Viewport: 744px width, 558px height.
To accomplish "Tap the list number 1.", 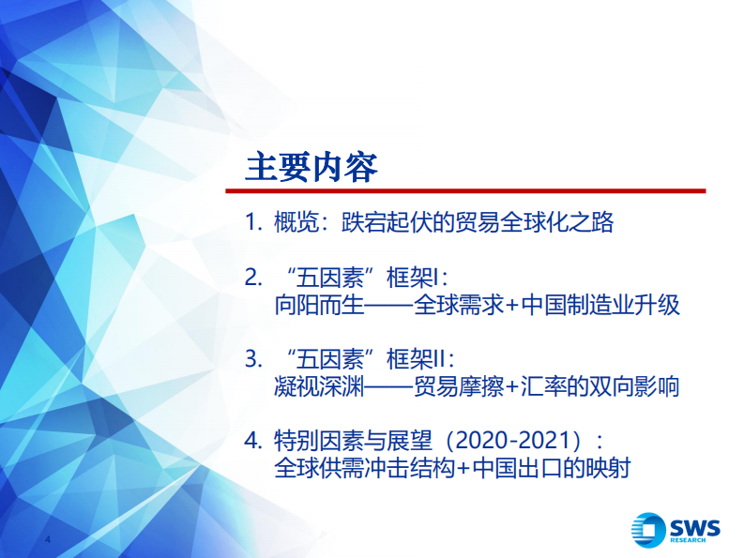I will (250, 223).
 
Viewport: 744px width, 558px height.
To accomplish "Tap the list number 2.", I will (250, 278).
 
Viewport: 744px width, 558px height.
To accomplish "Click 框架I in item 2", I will (415, 278).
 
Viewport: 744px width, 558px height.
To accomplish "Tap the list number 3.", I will (250, 359).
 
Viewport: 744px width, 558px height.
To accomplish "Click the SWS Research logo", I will (676, 529).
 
